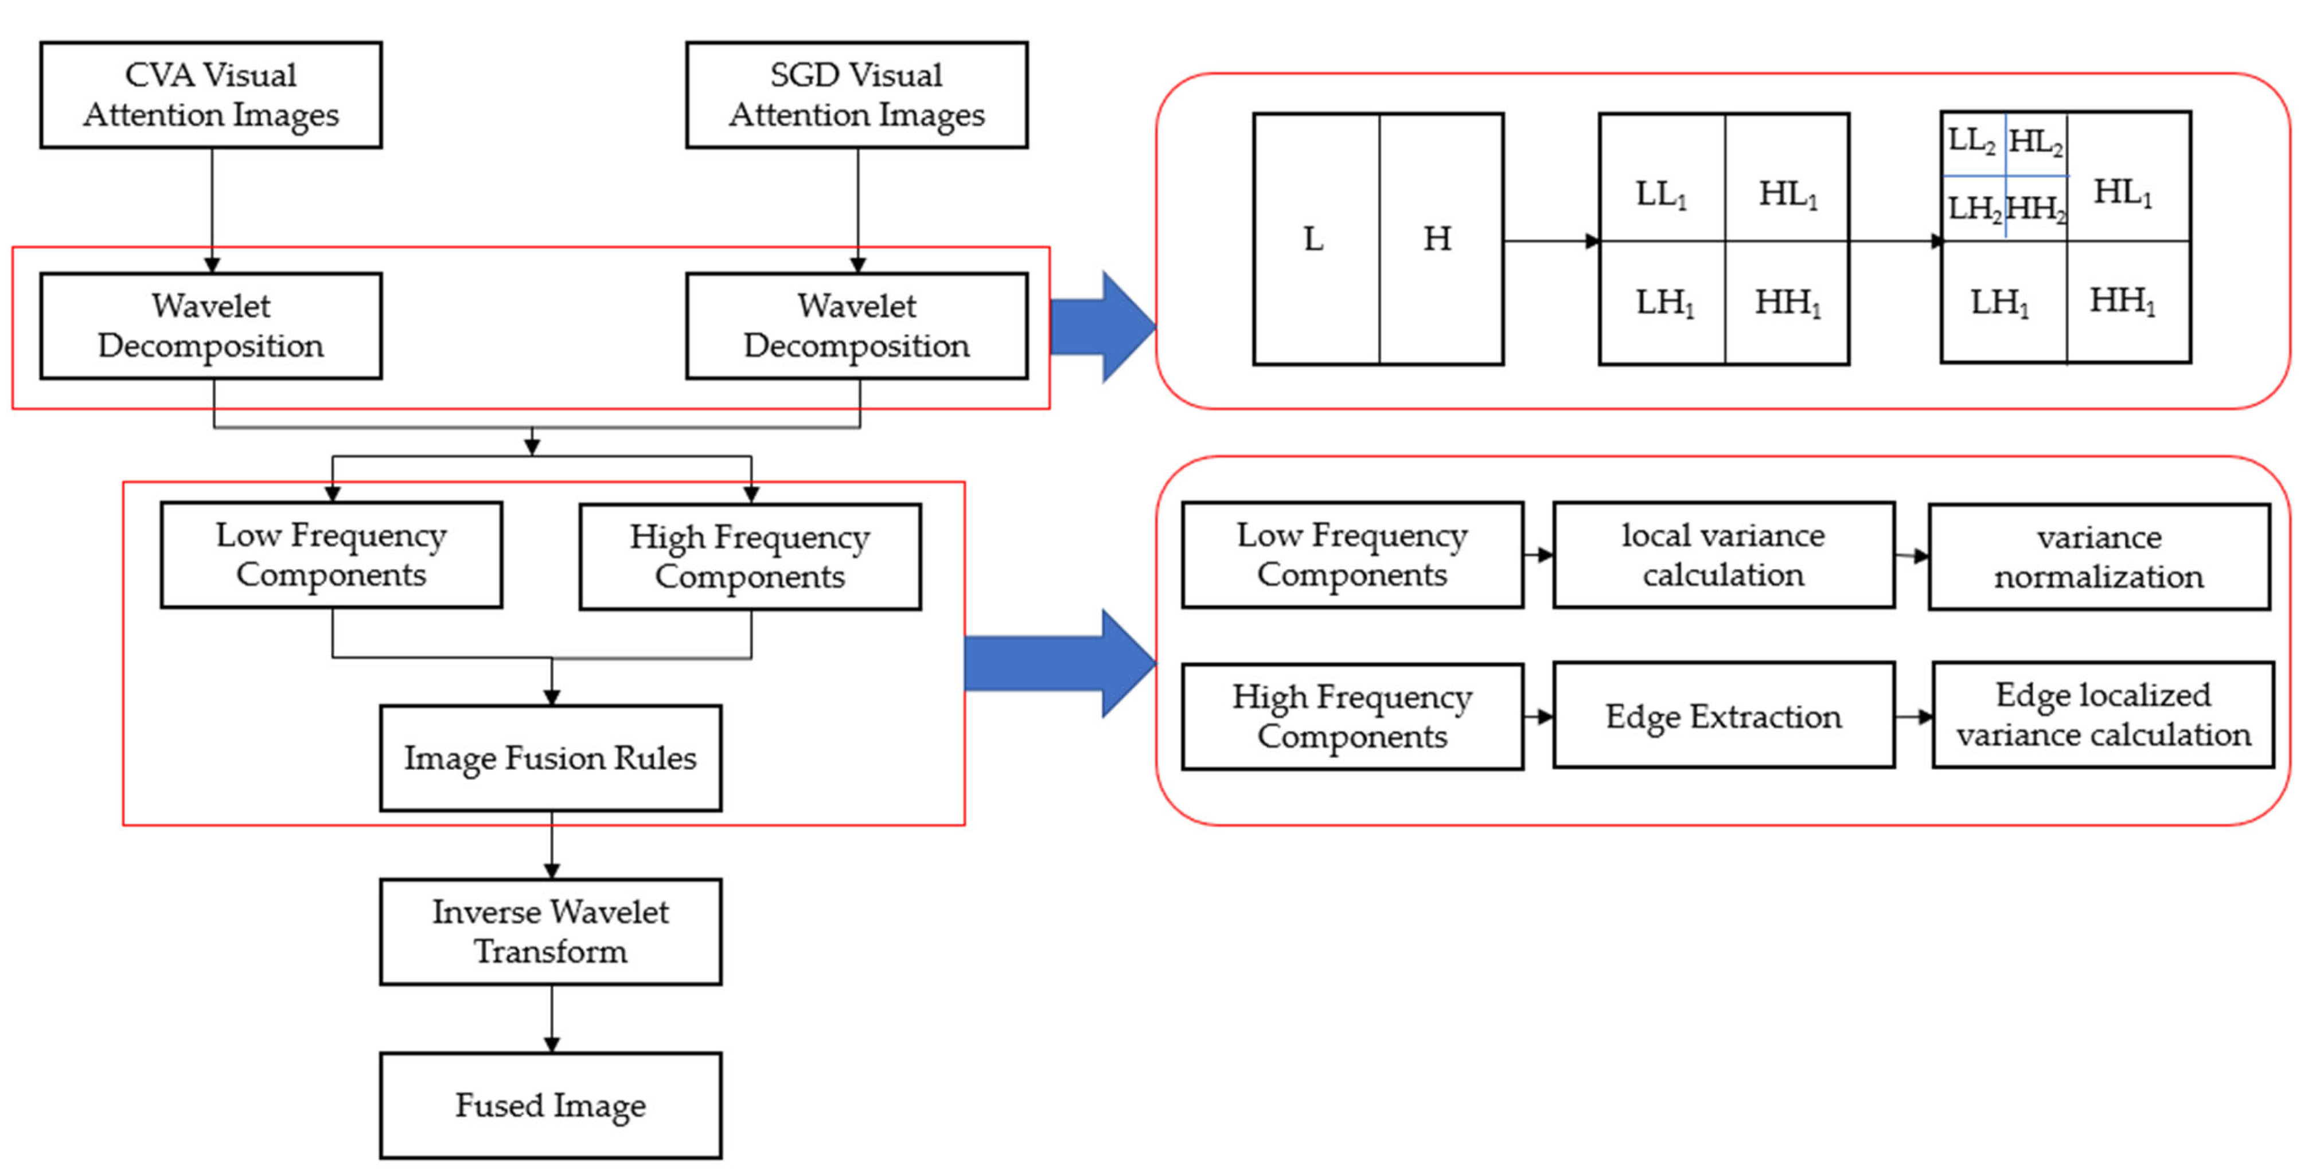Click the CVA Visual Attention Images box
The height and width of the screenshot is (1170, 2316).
coord(210,95)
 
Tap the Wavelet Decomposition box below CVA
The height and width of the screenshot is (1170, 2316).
coord(210,325)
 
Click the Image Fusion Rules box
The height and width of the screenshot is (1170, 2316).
coord(550,757)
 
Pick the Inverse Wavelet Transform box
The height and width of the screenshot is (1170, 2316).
coord(550,931)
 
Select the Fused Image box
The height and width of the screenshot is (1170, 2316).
coord(550,1105)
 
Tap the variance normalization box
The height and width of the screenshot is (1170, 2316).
coord(2099,556)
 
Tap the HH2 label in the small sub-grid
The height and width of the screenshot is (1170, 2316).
coord(2036,209)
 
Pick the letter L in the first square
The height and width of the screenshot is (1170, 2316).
coord(1313,239)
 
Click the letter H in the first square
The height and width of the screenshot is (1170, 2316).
coord(1437,239)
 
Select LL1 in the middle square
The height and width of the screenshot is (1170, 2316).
coord(1660,194)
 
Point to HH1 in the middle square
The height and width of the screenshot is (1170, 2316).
coord(1787,303)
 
